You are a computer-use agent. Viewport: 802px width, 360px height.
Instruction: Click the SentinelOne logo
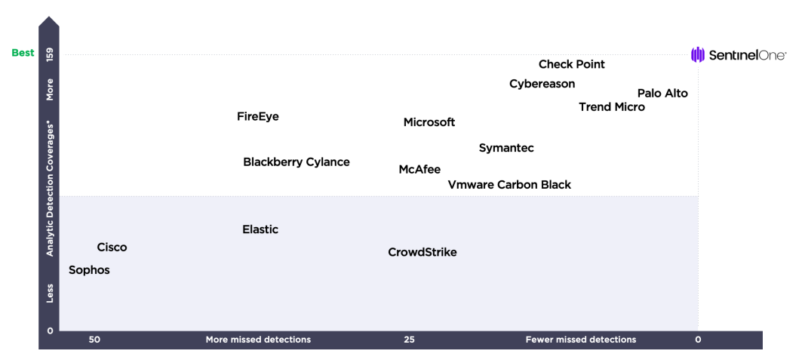(x=739, y=54)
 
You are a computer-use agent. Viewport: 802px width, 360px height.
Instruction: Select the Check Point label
(x=572, y=64)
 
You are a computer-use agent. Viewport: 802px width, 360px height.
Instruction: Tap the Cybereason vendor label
(x=542, y=84)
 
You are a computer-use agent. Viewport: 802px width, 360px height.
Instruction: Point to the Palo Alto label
(x=662, y=94)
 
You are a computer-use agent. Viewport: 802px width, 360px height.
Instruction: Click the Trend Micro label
(x=612, y=107)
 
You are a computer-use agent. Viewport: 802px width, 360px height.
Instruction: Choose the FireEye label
(x=258, y=116)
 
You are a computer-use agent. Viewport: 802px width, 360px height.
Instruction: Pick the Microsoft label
(x=429, y=123)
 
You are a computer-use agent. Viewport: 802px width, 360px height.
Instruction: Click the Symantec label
(x=506, y=148)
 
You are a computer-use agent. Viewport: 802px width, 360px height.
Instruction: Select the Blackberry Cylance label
(x=297, y=162)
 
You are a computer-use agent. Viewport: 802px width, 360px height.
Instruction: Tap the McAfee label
(x=419, y=170)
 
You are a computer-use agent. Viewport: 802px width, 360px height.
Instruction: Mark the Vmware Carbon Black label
(x=509, y=185)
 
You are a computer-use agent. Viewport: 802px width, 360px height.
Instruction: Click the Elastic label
(x=260, y=229)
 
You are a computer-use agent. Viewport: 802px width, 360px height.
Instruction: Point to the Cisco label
(x=112, y=248)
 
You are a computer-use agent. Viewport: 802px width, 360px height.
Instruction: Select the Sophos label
(x=89, y=270)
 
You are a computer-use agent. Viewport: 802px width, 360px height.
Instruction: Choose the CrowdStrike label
(x=423, y=253)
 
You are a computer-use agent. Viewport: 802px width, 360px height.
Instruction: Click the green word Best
(x=23, y=53)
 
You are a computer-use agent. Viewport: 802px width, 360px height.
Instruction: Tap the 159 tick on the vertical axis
(x=50, y=54)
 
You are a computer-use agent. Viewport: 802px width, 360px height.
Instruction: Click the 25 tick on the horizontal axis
(x=409, y=340)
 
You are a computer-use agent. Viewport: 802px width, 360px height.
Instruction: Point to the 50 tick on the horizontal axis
(x=94, y=340)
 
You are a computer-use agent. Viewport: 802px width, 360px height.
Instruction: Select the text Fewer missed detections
(x=581, y=340)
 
